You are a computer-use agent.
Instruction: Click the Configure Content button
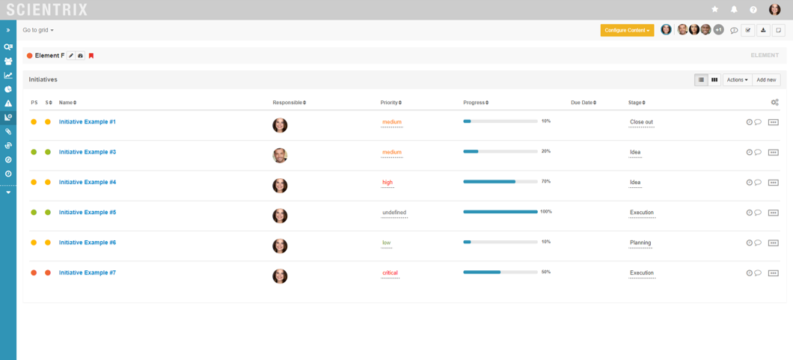click(627, 30)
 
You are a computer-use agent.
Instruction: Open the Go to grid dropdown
click(38, 30)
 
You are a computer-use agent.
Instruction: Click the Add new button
click(766, 79)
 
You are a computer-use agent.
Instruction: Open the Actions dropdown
click(736, 79)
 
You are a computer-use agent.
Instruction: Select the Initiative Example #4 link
click(88, 183)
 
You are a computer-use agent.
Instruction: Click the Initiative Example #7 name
click(88, 273)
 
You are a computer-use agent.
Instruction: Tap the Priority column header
click(391, 103)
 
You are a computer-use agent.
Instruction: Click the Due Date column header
click(583, 103)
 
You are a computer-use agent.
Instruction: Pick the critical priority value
click(390, 273)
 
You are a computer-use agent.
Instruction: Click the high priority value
click(388, 183)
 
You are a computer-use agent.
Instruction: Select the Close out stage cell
click(641, 122)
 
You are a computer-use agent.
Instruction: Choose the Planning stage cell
click(640, 243)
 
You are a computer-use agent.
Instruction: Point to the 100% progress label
click(546, 212)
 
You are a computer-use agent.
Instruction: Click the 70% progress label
click(546, 182)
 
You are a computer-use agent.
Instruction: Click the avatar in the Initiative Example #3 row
click(280, 156)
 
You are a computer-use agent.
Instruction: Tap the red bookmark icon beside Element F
click(91, 56)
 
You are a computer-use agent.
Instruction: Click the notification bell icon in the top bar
click(734, 10)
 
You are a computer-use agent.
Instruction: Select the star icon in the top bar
click(714, 10)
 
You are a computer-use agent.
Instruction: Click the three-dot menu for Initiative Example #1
click(774, 122)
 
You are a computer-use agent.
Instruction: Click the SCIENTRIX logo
click(46, 10)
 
